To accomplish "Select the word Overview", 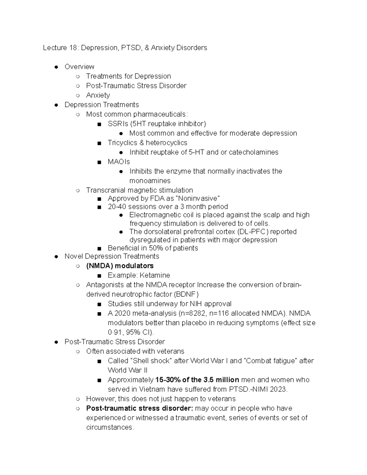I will [x=79, y=67].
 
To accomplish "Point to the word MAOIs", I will [x=119, y=162].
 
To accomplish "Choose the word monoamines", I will [x=150, y=181].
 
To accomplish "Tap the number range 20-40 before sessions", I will [x=117, y=207].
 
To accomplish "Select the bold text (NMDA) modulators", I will [x=120, y=266].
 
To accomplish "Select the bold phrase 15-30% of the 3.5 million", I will [x=197, y=380].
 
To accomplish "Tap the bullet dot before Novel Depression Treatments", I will [x=56, y=257].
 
